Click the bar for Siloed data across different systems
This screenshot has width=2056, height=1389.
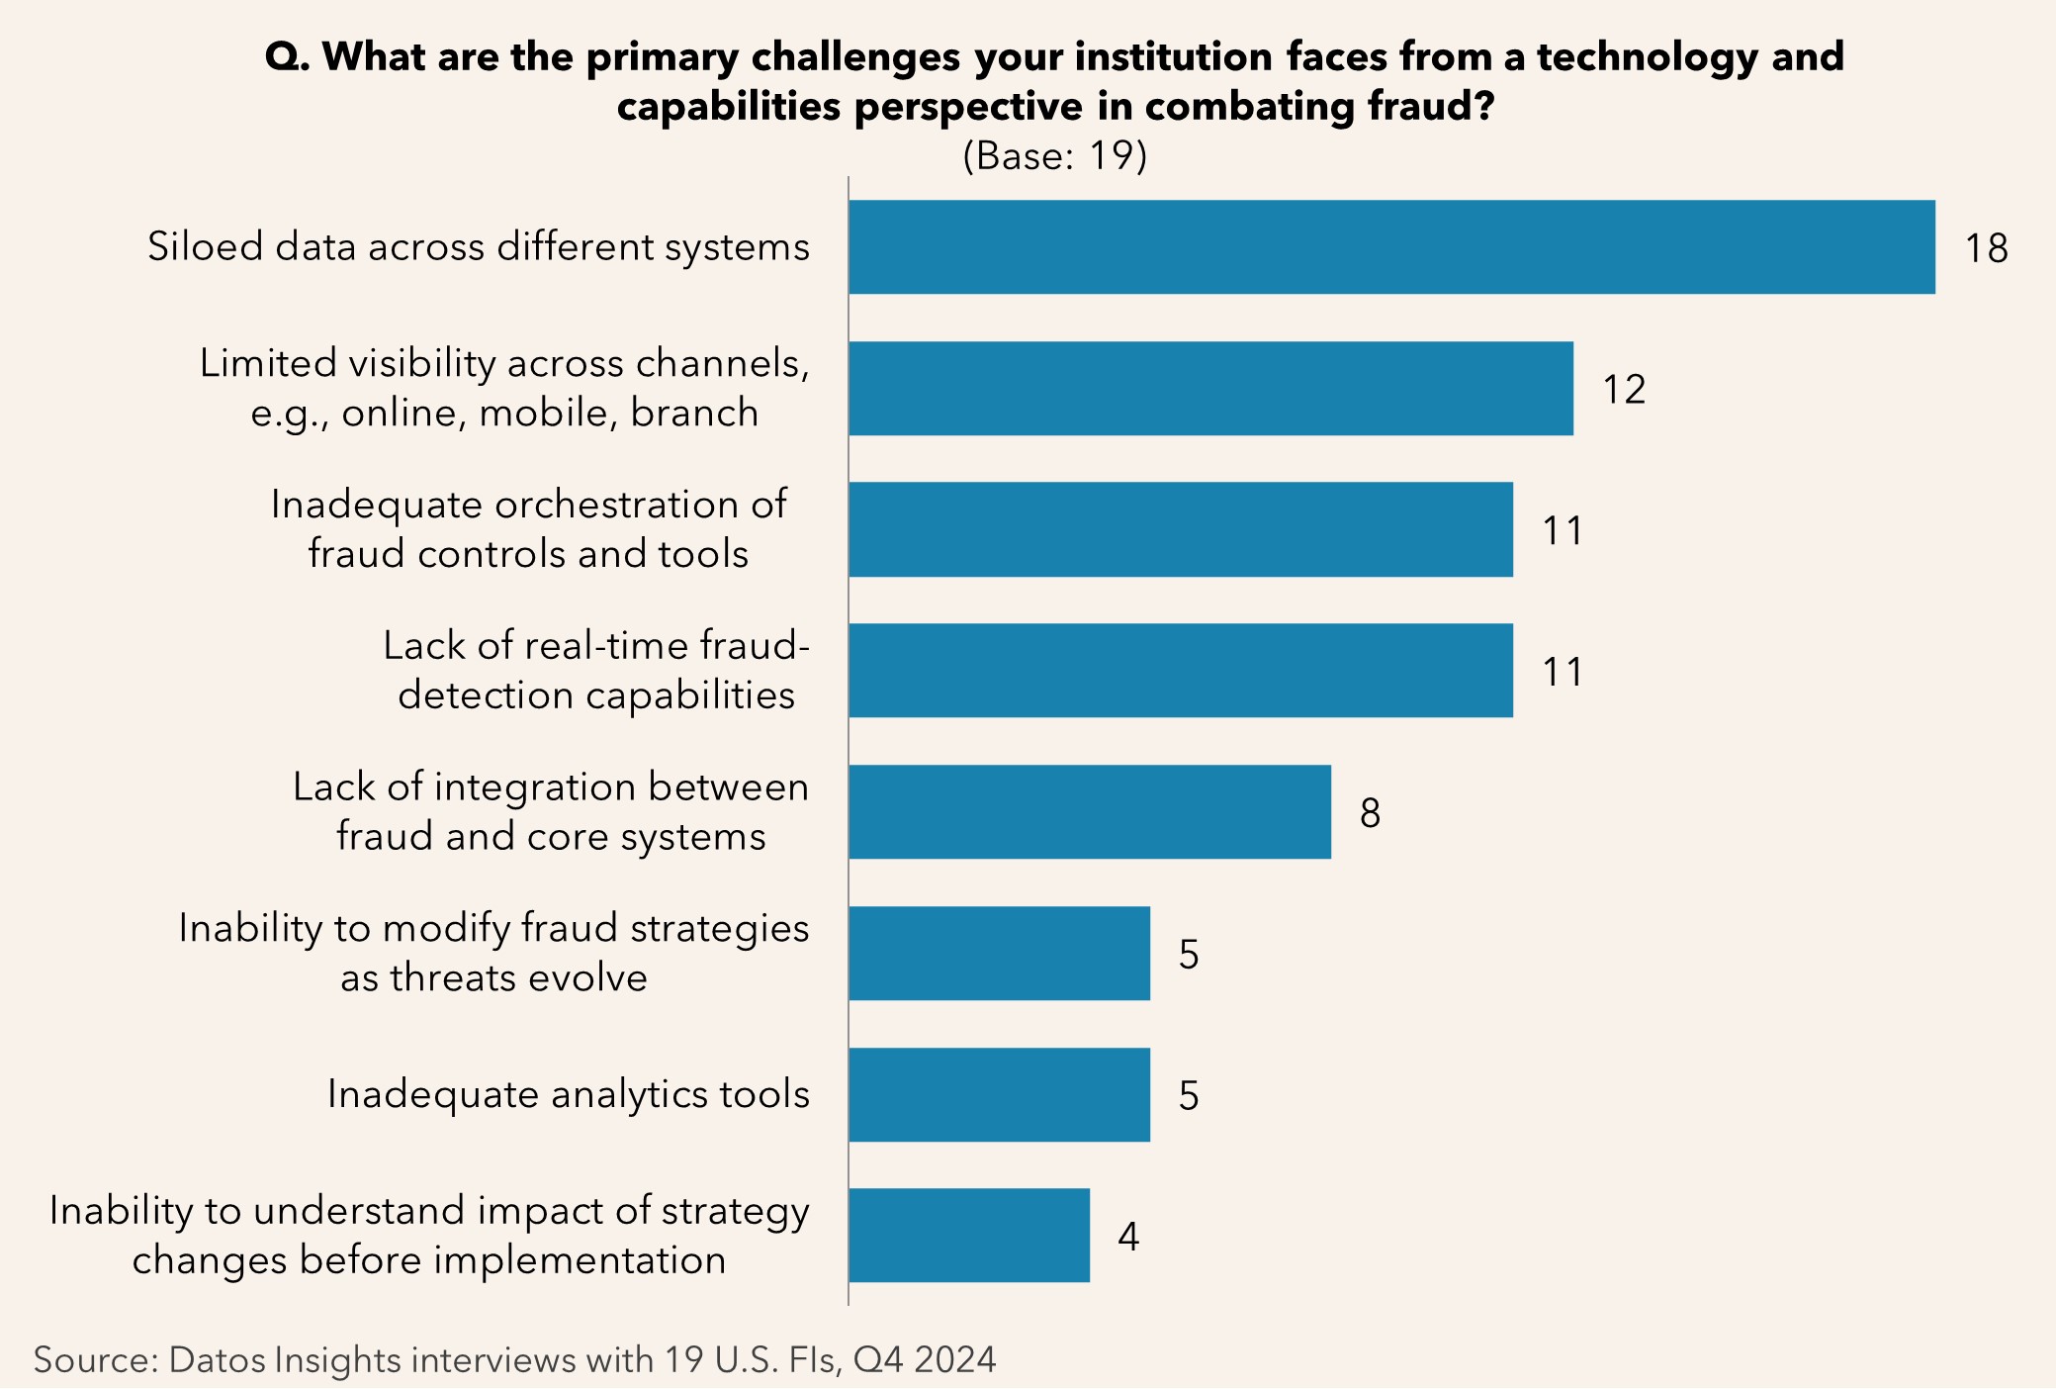point(1391,247)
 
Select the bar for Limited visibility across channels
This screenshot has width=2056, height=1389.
point(1210,389)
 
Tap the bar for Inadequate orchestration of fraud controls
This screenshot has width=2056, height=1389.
point(1180,530)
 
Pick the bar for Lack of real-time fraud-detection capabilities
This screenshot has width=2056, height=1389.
point(1180,671)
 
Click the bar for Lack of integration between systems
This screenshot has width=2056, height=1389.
point(1089,812)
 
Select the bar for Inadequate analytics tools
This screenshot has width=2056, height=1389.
point(999,1095)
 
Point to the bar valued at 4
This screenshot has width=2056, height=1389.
point(968,1236)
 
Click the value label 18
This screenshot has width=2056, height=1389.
point(1986,248)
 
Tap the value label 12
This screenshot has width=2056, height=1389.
point(1624,390)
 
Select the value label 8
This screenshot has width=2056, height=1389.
point(1370,813)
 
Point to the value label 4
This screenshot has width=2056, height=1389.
point(1128,1237)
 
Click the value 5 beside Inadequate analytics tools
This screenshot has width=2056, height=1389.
point(1189,1096)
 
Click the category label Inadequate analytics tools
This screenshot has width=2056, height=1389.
point(568,1095)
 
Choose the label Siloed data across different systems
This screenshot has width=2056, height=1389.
point(479,247)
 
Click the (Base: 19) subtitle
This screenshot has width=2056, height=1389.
point(1054,156)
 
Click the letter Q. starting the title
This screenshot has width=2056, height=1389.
point(288,57)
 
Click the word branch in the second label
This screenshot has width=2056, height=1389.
point(694,414)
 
